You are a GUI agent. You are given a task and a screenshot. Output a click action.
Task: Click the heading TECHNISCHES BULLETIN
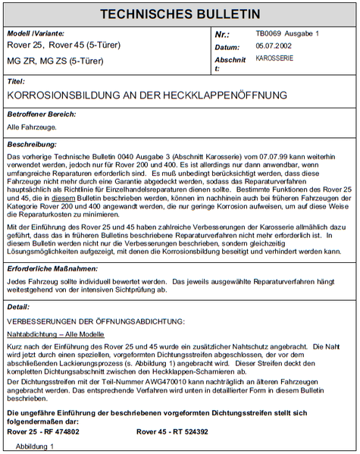(180, 14)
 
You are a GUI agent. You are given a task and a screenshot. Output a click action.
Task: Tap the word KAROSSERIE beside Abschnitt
(275, 58)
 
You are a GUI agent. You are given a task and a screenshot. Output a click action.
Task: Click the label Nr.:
(222, 35)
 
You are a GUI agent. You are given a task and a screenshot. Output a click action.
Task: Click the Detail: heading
(18, 306)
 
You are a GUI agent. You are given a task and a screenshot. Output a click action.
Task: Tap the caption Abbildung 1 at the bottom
(35, 446)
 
